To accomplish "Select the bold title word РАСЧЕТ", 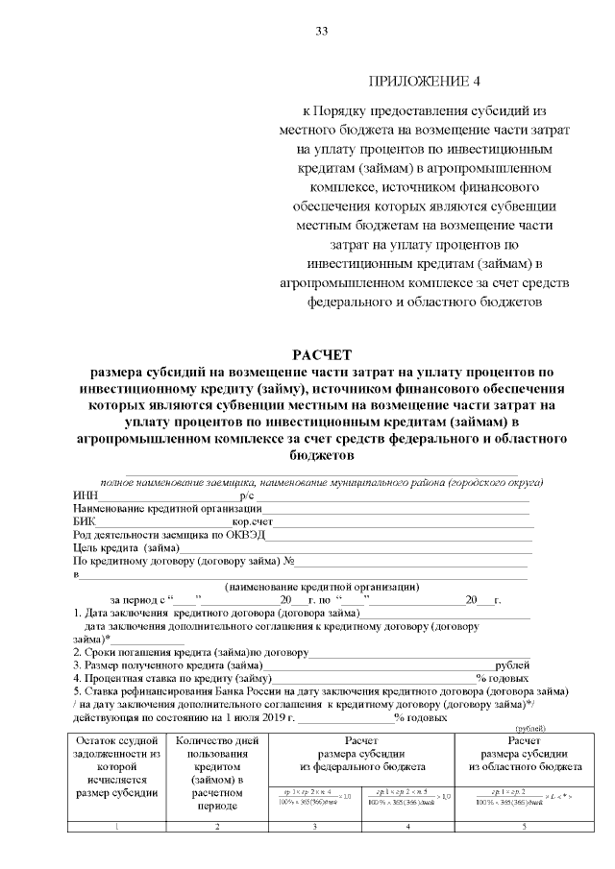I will (323, 354).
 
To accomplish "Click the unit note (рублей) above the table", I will (556, 730).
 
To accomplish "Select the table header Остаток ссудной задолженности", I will (115, 767).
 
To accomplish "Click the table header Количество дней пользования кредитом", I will (217, 774).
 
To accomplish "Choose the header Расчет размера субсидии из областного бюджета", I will (525, 755).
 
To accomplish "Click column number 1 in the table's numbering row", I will (115, 827).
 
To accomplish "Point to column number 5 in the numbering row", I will (525, 827).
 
